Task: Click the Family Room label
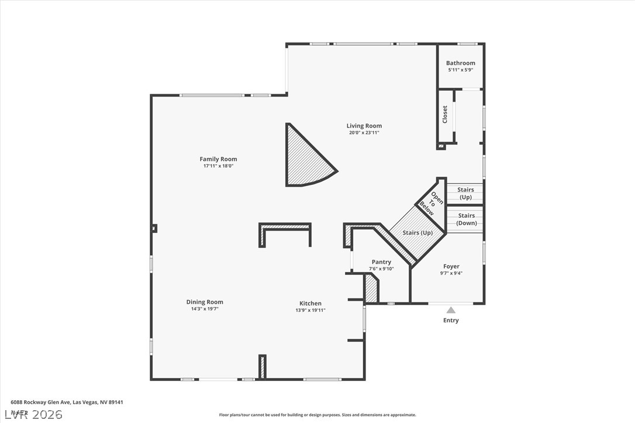tap(218, 159)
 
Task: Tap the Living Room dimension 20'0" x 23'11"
tap(364, 133)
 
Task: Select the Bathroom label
tap(460, 63)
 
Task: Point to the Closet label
tap(445, 114)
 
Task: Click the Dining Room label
tap(205, 302)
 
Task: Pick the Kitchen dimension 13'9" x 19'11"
tap(310, 310)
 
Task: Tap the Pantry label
tap(381, 262)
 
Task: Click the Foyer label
tap(451, 266)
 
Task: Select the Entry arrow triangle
tap(451, 310)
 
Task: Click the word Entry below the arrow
tap(451, 320)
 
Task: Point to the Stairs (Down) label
tap(467, 219)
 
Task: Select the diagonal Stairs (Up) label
tap(417, 232)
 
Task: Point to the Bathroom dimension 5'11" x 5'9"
tap(460, 70)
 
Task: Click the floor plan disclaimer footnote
tap(317, 415)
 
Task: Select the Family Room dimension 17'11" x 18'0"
tap(218, 166)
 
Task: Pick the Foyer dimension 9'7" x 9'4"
tap(451, 273)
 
